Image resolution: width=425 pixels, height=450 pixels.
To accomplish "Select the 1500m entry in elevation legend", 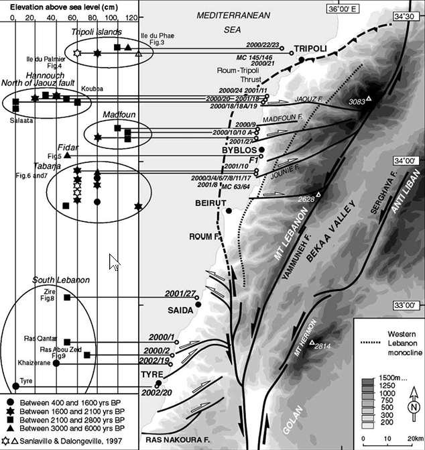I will coord(391,380).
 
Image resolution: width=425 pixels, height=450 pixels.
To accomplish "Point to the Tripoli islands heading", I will coord(96,32).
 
